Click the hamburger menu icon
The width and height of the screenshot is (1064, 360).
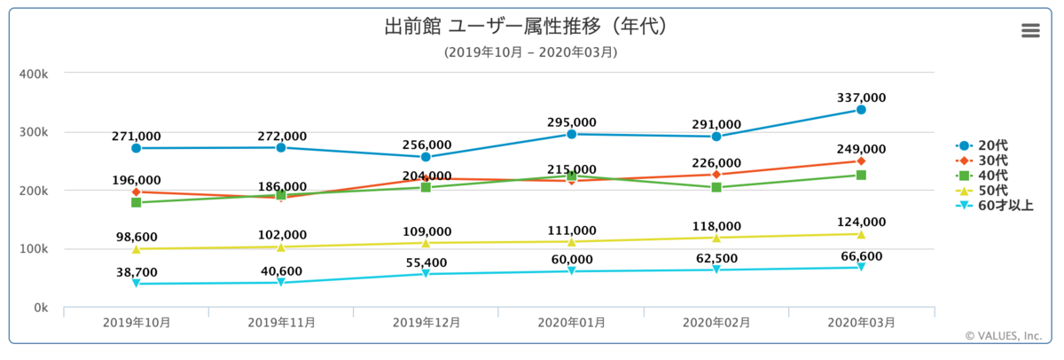[1030, 30]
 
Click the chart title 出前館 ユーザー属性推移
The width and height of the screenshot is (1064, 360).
[493, 26]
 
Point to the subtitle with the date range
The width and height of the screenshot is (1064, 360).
[530, 52]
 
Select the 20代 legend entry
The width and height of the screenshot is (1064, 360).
[982, 145]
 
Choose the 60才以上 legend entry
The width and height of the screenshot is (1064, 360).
[994, 206]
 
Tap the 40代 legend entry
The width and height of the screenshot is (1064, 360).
[982, 176]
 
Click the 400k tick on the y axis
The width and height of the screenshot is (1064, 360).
[34, 74]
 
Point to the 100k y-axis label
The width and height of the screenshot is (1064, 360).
[34, 249]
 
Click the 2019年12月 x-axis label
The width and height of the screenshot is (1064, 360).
[426, 323]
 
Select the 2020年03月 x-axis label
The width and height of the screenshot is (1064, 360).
[861, 323]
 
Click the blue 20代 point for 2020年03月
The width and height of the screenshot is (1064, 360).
[861, 110]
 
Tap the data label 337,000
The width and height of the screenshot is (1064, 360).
[861, 98]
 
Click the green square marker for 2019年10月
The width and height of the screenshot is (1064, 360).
[137, 203]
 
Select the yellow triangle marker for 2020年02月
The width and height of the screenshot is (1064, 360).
[716, 238]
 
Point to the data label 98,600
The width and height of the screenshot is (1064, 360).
[137, 237]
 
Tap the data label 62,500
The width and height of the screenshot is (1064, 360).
[716, 258]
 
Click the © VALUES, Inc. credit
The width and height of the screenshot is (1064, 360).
[1003, 336]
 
